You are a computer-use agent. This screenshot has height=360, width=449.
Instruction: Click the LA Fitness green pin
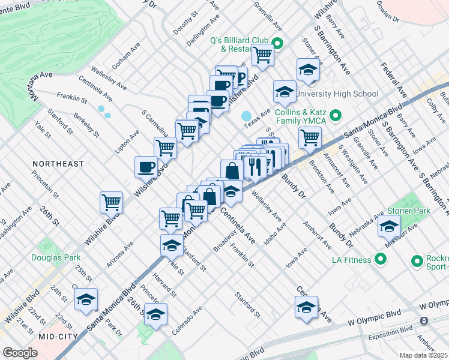[x=379, y=259]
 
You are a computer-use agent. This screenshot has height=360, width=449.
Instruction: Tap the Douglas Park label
[x=55, y=257]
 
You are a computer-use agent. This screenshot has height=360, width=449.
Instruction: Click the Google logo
[x=20, y=353]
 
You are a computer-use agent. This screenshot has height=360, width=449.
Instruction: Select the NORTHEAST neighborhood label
[x=58, y=164]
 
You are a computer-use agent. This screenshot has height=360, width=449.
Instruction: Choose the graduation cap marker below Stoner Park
[x=389, y=226]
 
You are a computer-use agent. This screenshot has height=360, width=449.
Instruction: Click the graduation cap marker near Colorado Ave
[x=155, y=314]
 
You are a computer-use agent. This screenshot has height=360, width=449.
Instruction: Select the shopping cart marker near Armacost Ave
[x=310, y=136]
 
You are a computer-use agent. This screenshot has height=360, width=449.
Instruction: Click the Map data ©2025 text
[x=423, y=355]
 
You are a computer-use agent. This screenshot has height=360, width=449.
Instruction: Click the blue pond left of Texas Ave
[x=246, y=116]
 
